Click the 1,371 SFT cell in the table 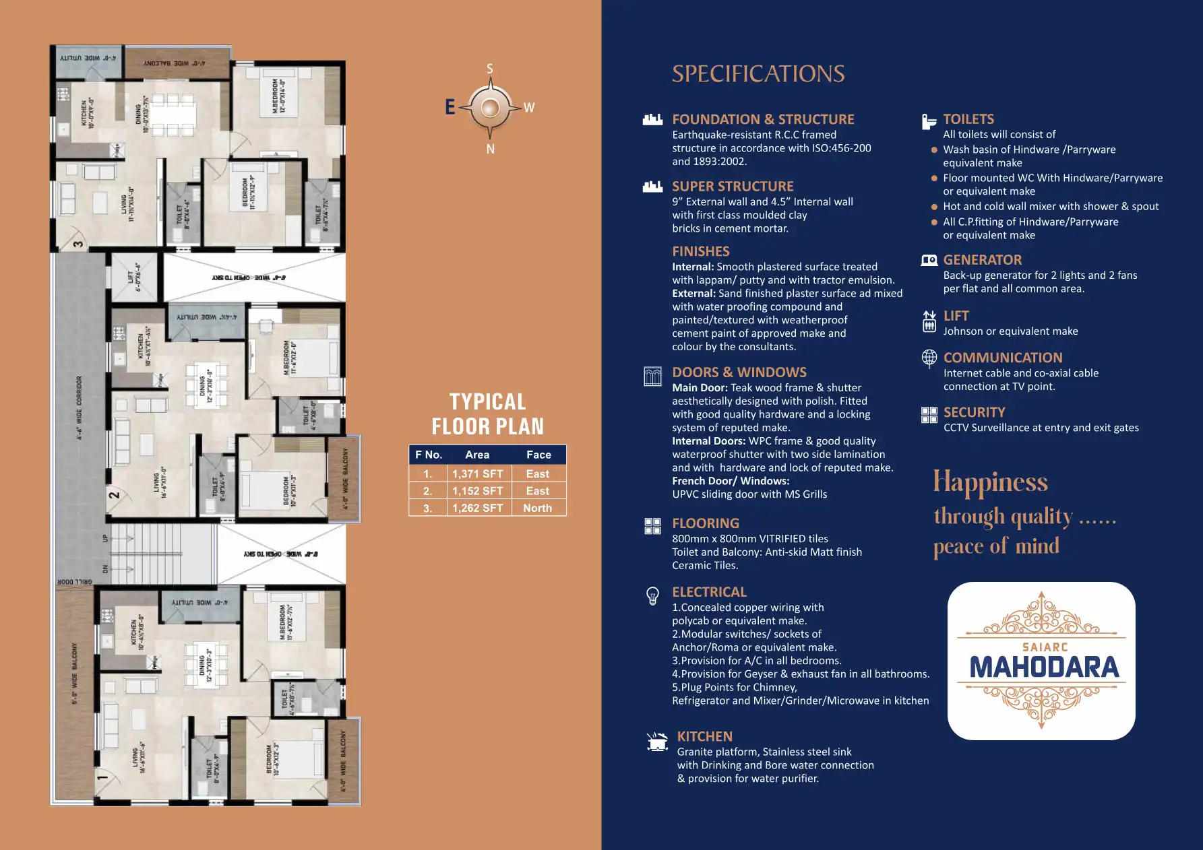477,474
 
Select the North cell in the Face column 537,509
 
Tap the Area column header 477,455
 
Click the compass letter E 450,107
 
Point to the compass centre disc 490,108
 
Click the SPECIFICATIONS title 758,74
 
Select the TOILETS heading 968,119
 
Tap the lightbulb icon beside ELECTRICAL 652,595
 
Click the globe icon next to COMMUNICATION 929,358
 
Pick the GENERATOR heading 982,260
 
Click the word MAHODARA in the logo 1044,667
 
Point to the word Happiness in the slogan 990,482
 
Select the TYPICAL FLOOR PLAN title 487,414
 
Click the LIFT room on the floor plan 135,277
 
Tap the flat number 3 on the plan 79,244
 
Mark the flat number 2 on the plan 115,495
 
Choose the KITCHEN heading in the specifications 704,737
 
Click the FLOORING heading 705,523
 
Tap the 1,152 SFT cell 477,492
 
